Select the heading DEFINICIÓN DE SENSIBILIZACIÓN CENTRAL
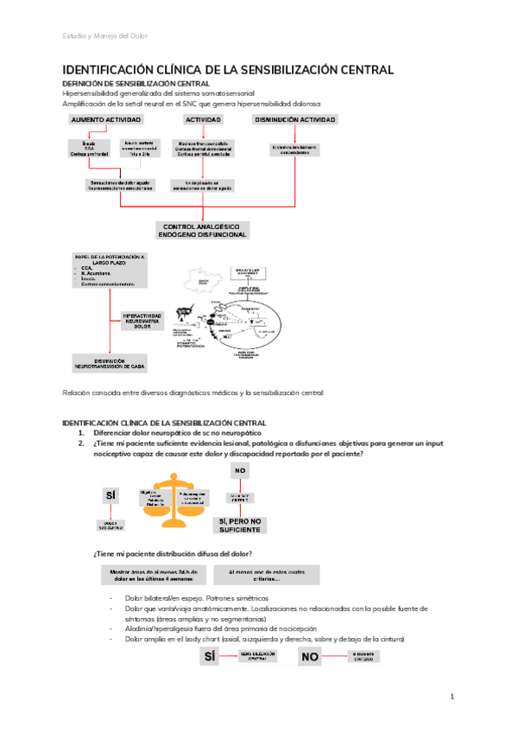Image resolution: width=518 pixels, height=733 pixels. pyautogui.click(x=131, y=83)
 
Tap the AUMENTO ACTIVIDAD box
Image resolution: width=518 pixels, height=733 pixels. pyautogui.click(x=106, y=119)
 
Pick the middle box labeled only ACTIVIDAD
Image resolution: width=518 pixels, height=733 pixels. pyautogui.click(x=203, y=119)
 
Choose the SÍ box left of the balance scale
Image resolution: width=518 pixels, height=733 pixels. pyautogui.click(x=111, y=495)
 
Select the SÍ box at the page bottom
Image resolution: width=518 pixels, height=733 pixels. pyautogui.click(x=209, y=658)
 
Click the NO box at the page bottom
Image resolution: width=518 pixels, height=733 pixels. pyautogui.click(x=310, y=658)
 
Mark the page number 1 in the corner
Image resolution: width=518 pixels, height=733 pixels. pyautogui.click(x=452, y=697)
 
